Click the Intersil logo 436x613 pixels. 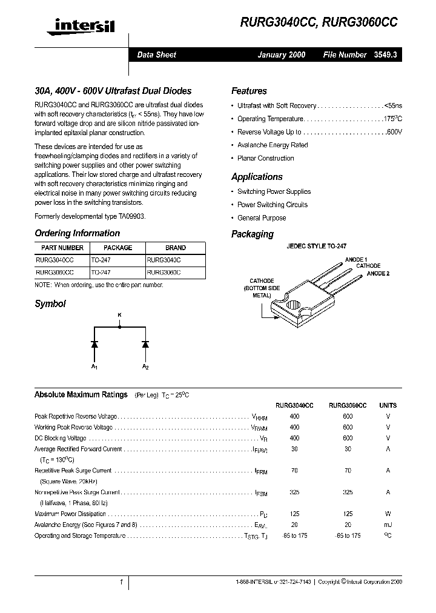[x=74, y=24]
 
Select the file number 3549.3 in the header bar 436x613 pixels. [x=385, y=55]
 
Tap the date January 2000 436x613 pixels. [x=281, y=55]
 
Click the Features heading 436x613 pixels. [x=249, y=91]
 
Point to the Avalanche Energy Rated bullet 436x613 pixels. [x=272, y=145]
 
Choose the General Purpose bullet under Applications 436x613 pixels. [x=262, y=218]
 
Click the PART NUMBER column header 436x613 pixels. [x=62, y=248]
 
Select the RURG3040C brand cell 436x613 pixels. [x=163, y=260]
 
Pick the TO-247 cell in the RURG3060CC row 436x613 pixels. [x=101, y=273]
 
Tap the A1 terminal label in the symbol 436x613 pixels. [x=94, y=367]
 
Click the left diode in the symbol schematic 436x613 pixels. [x=94, y=344]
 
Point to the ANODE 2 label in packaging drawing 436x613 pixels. [x=378, y=274]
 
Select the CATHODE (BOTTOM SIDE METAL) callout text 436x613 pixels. [x=262, y=288]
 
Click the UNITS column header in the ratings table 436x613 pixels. [x=388, y=405]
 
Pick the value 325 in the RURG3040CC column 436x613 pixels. [x=294, y=493]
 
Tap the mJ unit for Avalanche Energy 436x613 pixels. [x=388, y=525]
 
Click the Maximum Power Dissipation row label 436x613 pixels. [x=71, y=514]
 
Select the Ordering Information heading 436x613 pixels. [x=77, y=233]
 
